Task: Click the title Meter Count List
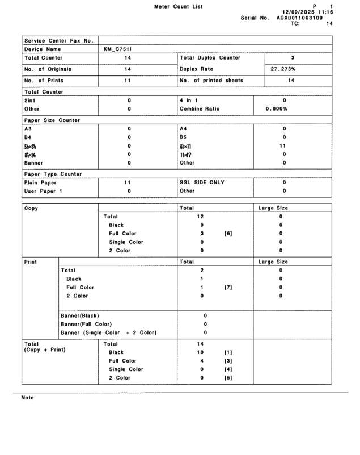pos(178,7)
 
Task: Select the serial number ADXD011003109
pos(299,18)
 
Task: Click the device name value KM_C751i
pos(117,49)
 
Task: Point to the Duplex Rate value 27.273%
pos(283,69)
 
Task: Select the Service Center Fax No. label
pos(58,41)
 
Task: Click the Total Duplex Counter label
pos(210,58)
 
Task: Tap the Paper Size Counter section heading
pos(52,120)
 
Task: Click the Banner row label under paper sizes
pos(33,163)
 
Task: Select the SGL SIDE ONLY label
pos(202,183)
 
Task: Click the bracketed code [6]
pos(228,234)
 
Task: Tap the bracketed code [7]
pos(228,288)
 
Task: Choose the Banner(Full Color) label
pos(86,324)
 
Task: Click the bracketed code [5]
pos(228,378)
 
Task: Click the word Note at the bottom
pos(28,398)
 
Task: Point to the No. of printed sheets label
pos(211,81)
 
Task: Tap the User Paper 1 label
pos(44,191)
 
